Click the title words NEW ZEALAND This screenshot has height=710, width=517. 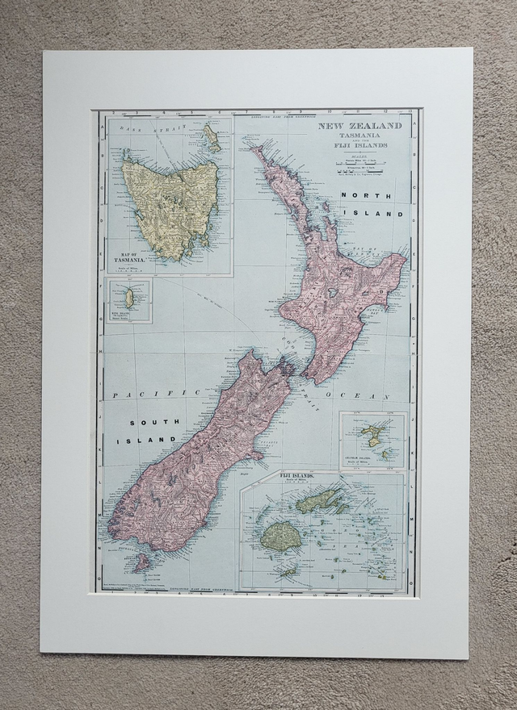[x=359, y=127]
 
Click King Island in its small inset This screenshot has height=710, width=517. [x=128, y=299]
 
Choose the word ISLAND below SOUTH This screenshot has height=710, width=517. [x=145, y=441]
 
